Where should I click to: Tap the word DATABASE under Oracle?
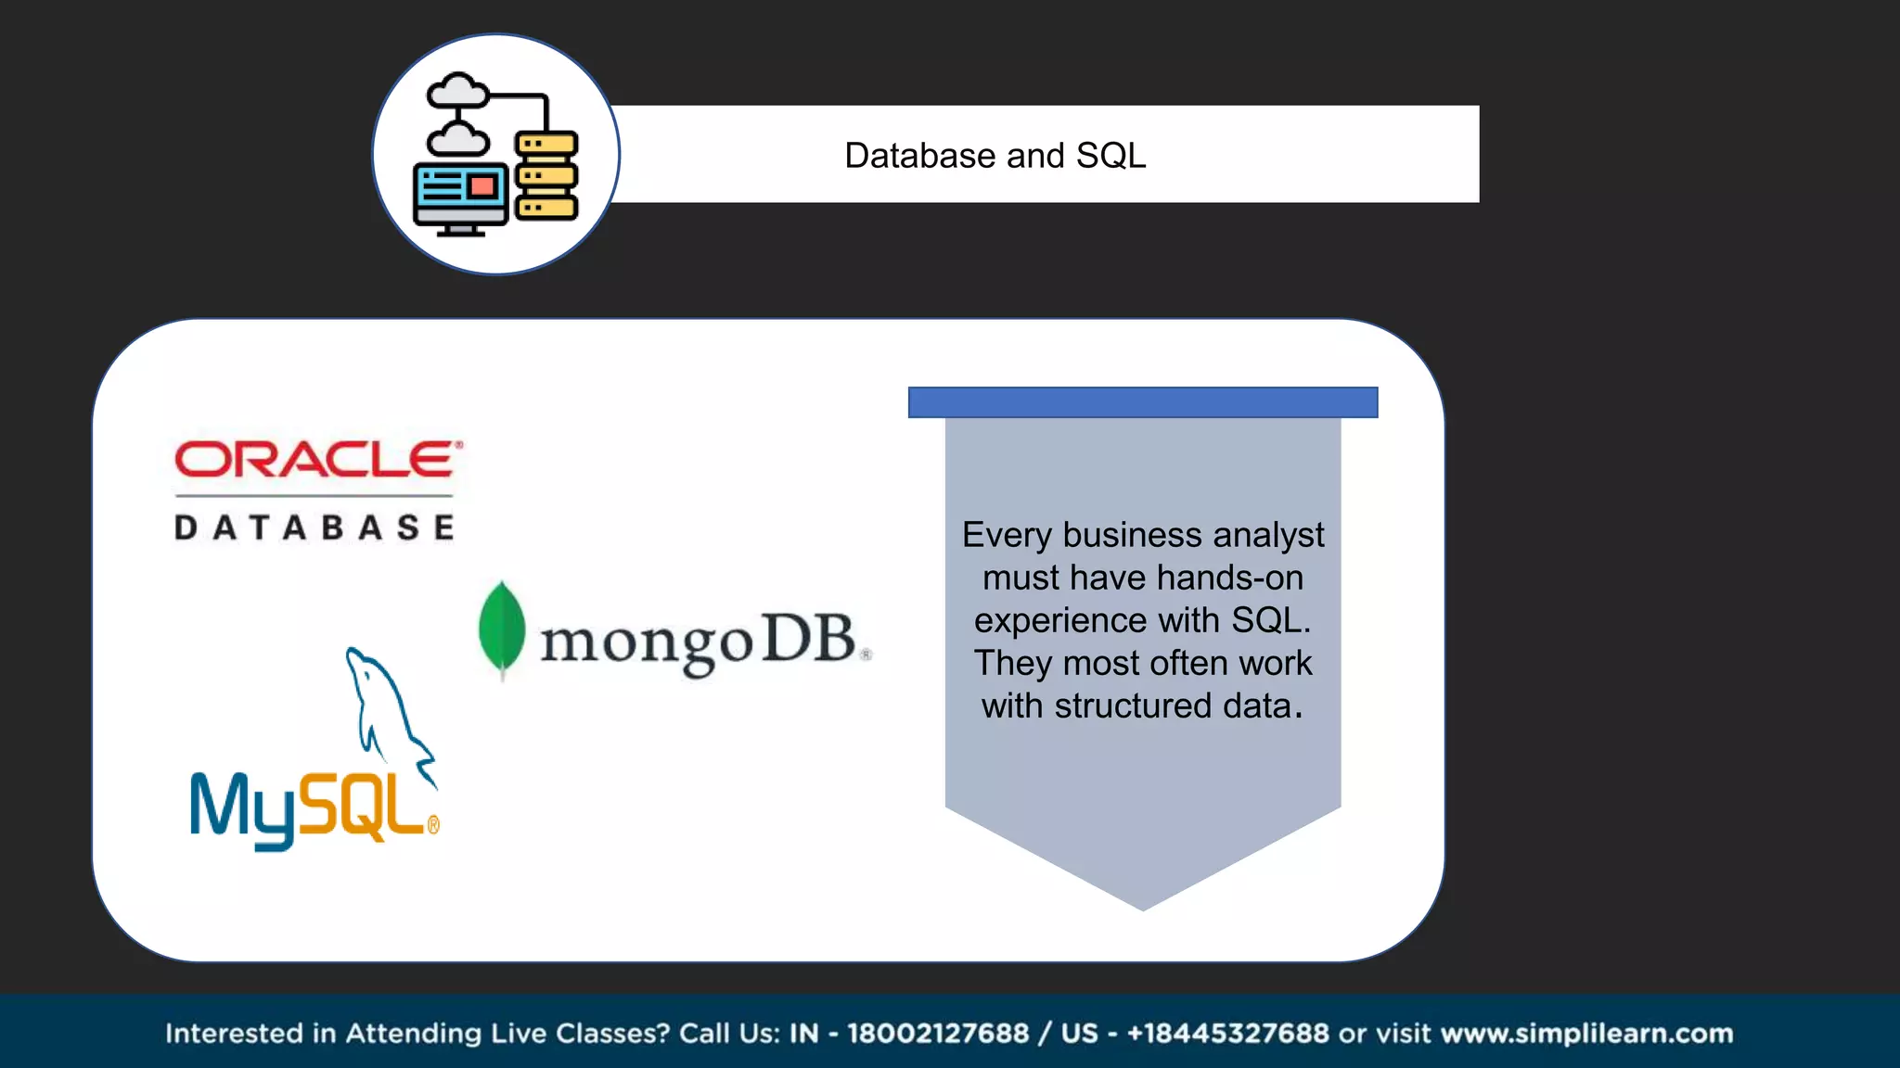[x=315, y=528]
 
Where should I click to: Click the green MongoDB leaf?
[x=502, y=629]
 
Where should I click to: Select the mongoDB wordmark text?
[x=698, y=642]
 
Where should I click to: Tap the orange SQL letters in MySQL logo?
[x=363, y=807]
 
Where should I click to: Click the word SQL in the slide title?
[x=1110, y=156]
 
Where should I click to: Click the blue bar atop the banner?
[x=1142, y=402]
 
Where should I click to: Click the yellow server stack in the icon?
[x=546, y=176]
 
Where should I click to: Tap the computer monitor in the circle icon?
[x=460, y=196]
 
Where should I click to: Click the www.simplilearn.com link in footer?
[x=1586, y=1033]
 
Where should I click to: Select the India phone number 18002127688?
[x=938, y=1033]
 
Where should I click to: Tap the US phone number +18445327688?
[x=1227, y=1033]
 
